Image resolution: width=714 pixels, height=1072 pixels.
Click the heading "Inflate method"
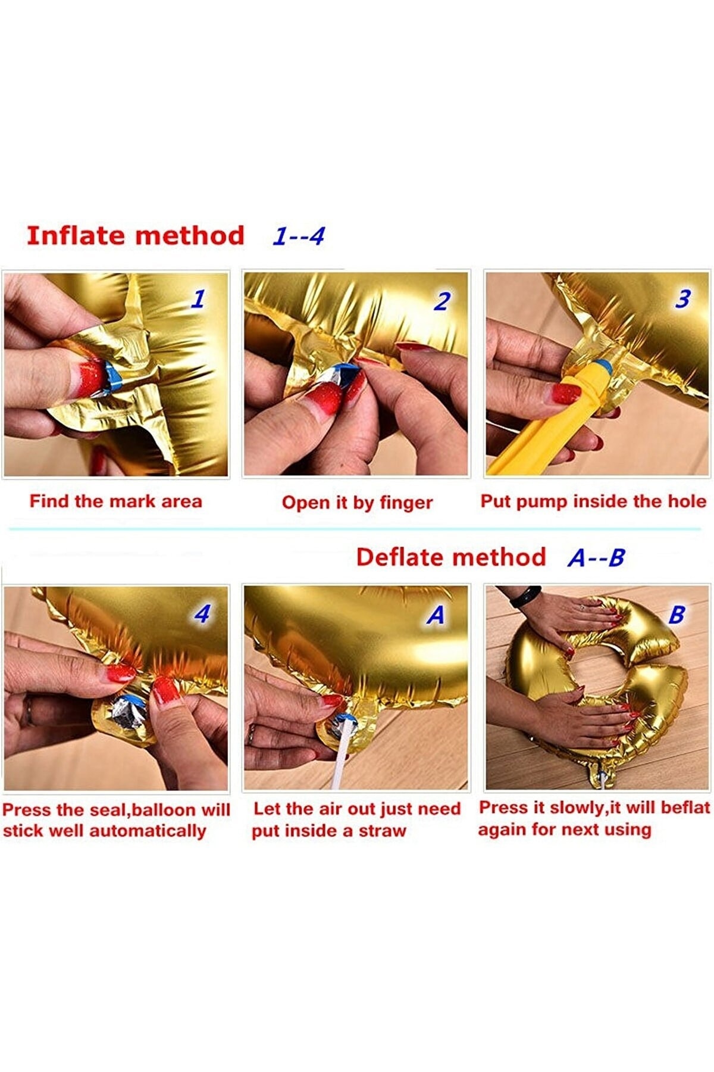(x=136, y=235)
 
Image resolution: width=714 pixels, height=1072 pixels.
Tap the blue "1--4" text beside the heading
(x=299, y=236)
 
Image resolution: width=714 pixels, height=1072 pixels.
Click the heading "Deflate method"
(x=451, y=557)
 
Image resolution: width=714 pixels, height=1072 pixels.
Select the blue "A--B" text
(x=596, y=558)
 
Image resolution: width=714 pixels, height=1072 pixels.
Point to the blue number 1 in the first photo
(x=198, y=298)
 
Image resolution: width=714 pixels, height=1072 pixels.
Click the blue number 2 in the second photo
(x=441, y=301)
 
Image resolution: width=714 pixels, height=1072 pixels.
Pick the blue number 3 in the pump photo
(x=683, y=298)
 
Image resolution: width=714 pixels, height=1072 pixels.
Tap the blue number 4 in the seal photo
(x=202, y=613)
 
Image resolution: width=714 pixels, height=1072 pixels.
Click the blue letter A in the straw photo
(x=436, y=615)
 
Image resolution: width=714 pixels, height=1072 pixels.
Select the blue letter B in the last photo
(x=677, y=615)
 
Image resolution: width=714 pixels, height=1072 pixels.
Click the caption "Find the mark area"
(x=116, y=501)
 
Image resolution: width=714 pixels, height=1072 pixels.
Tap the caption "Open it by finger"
(x=357, y=503)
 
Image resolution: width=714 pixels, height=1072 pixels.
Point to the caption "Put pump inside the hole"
(x=593, y=501)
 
